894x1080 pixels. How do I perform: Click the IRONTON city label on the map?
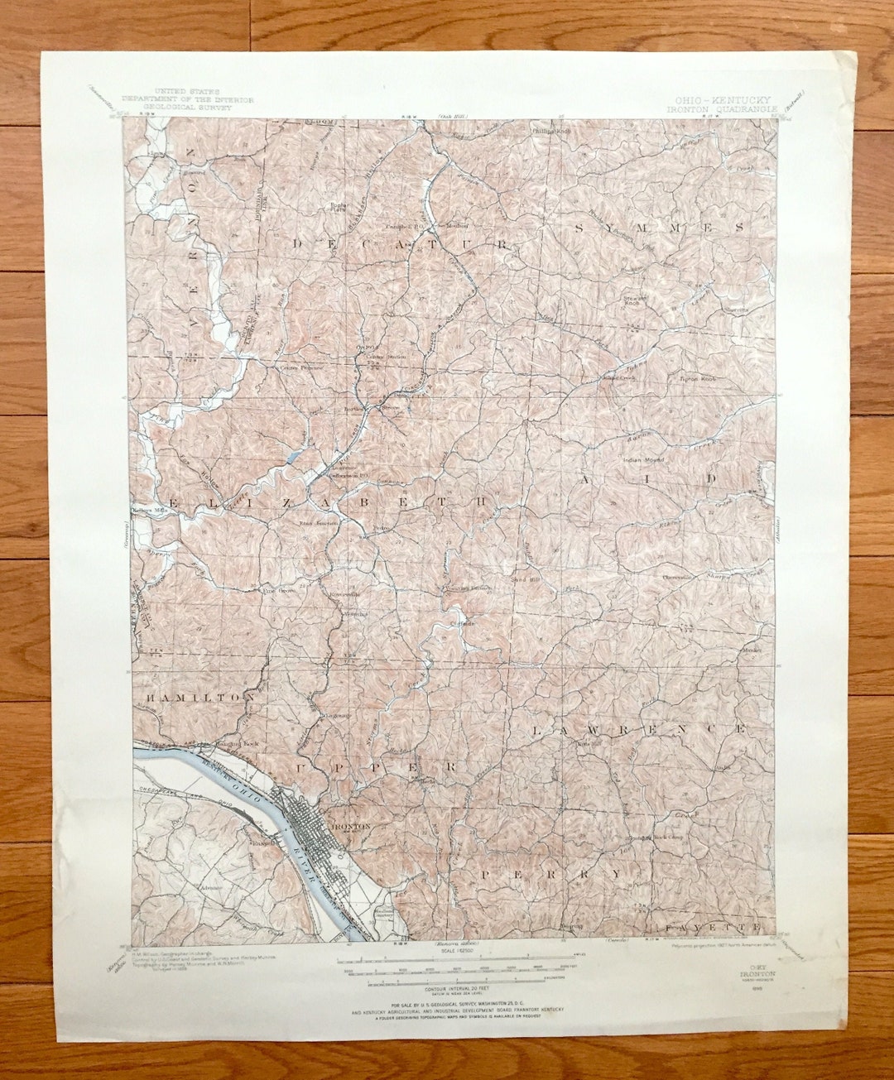pyautogui.click(x=351, y=827)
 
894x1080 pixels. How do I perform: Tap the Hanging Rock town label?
pyautogui.click(x=234, y=744)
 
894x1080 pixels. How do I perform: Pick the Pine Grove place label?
pyautogui.click(x=279, y=591)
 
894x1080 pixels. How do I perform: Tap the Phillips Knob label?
pyautogui.click(x=552, y=131)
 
